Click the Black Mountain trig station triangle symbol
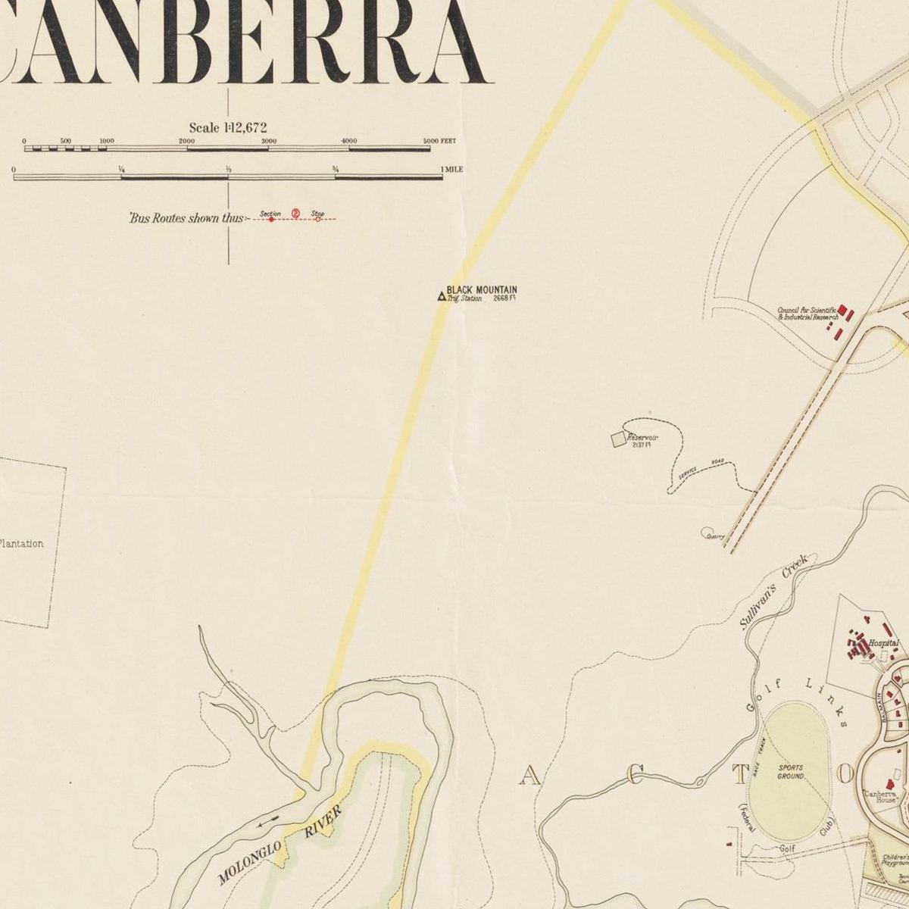[x=441, y=296]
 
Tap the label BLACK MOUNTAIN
[x=482, y=290]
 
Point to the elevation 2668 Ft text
[x=504, y=298]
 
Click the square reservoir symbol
[x=618, y=439]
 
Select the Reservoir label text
[x=642, y=438]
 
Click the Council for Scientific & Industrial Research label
[x=807, y=314]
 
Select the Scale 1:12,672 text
[x=228, y=128]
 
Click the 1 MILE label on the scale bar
[x=453, y=170]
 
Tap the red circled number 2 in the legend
[x=295, y=214]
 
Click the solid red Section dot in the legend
[x=271, y=220]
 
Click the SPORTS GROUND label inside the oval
[x=790, y=772]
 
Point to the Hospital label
[x=883, y=643]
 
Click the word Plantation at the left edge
[x=21, y=543]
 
